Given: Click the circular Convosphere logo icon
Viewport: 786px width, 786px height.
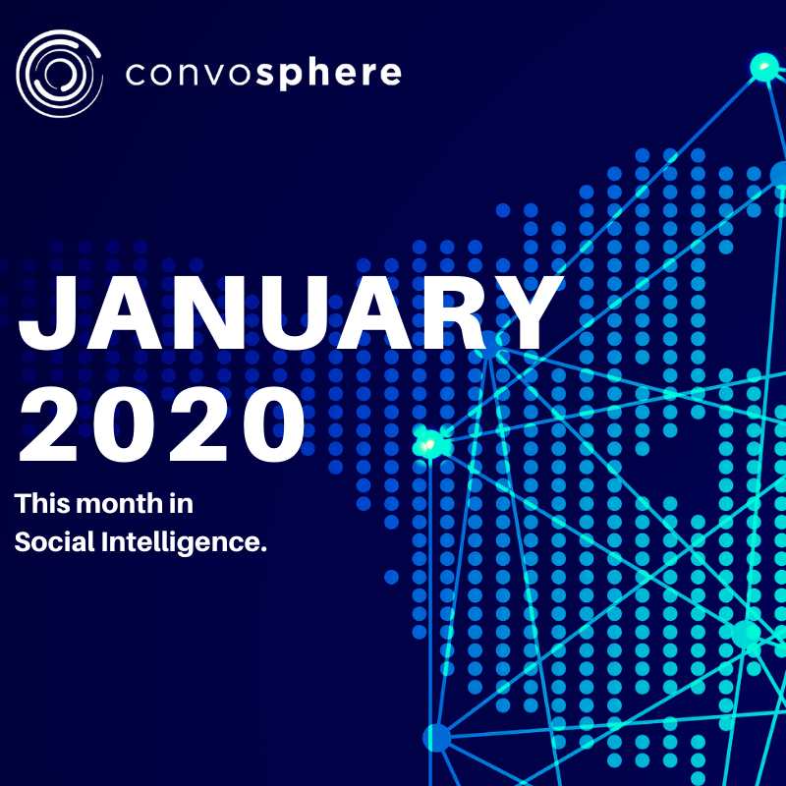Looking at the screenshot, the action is (59, 73).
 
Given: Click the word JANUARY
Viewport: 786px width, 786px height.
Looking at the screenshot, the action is (291, 313).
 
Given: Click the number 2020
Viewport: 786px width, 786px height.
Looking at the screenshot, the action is (161, 424).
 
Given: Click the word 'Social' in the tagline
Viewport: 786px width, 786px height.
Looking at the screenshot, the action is (55, 542).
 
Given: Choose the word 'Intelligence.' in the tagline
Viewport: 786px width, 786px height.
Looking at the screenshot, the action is (184, 543).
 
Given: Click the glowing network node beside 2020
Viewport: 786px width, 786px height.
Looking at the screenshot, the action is (430, 444).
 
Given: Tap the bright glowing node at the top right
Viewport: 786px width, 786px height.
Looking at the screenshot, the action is (764, 67).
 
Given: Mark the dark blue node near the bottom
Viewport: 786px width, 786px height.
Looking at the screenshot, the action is (437, 738).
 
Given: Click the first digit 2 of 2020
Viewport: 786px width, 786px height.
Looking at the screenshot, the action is (48, 424).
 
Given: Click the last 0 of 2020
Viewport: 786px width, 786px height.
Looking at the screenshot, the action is (274, 424).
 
